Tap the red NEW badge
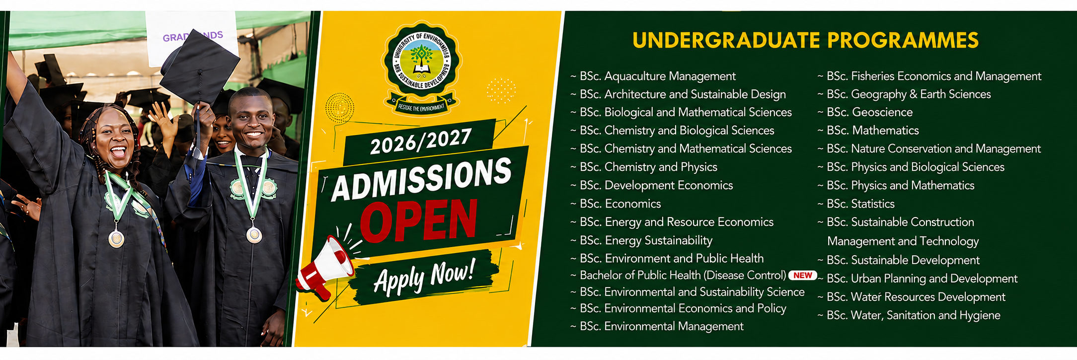pyautogui.click(x=802, y=275)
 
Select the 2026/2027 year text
pyautogui.click(x=420, y=142)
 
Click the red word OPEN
pyautogui.click(x=418, y=220)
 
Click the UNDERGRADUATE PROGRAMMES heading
pyautogui.click(x=805, y=40)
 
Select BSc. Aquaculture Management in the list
pyautogui.click(x=657, y=76)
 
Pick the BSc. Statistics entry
pyautogui.click(x=860, y=204)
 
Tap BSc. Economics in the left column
pyautogui.click(x=620, y=204)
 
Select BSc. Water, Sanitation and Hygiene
pyautogui.click(x=914, y=315)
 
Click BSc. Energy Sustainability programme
pyautogui.click(x=646, y=240)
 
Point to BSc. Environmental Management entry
pyautogui.click(x=661, y=326)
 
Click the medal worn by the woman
pyautogui.click(x=116, y=239)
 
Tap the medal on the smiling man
pyautogui.click(x=254, y=234)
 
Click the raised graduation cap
pyautogui.click(x=199, y=67)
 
